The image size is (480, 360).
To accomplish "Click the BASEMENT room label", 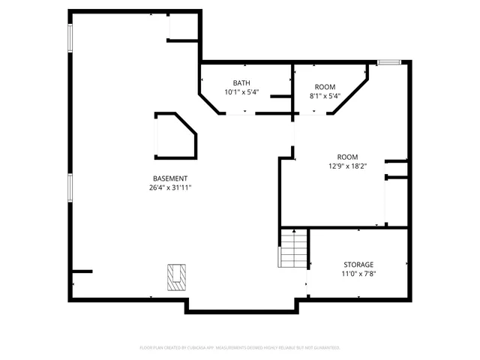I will coord(170,178).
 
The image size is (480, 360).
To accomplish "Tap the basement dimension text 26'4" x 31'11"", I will coord(170,187).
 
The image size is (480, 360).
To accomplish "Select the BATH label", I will coord(241,83).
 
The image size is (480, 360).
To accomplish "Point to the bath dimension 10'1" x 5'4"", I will coord(241,92).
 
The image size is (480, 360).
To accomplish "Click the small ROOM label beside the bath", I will coord(325,87).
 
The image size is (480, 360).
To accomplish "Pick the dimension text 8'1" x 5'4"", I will coord(325,96).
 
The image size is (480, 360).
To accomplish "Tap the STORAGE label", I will coord(358,265).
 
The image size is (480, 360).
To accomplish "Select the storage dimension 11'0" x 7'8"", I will coord(358,274).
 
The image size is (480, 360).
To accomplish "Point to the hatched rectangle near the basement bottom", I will coord(176,276).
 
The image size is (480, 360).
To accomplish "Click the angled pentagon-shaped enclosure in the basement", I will coord(175,136).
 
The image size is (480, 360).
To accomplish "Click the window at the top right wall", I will coord(388,62).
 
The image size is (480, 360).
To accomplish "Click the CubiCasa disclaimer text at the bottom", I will coord(240,348).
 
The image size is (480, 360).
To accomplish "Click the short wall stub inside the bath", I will coord(280,96).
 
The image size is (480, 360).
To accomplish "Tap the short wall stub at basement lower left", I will coord(82,271).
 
